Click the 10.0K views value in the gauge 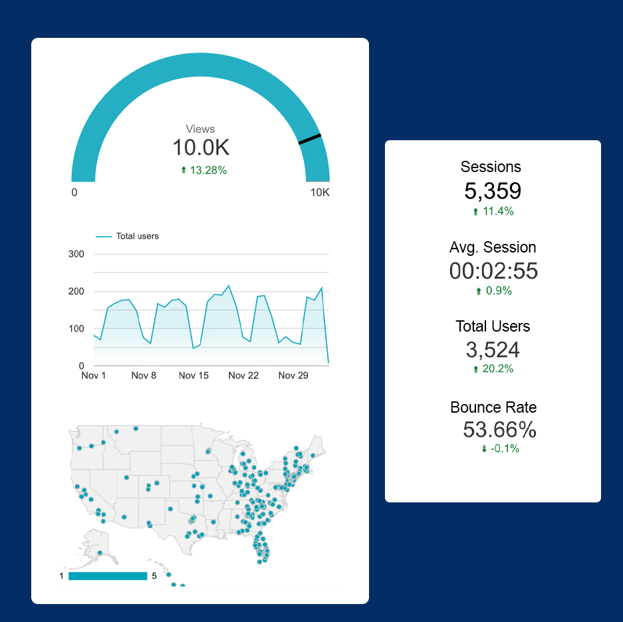point(201,148)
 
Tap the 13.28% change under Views point(204,170)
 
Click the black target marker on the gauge point(310,139)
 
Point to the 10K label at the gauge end point(320,192)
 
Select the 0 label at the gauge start point(74,192)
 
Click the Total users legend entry point(127,237)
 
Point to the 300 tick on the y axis point(76,254)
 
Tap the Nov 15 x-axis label point(193,375)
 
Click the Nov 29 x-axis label point(293,375)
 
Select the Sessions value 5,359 point(493,191)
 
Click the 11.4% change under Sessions point(493,211)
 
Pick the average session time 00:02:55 point(493,271)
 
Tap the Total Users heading point(493,326)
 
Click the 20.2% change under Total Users point(493,369)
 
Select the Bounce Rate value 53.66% point(499,430)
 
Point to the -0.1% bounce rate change point(500,449)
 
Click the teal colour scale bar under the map point(108,576)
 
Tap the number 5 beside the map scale point(154,576)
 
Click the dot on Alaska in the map point(100,553)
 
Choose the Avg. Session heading point(493,247)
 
